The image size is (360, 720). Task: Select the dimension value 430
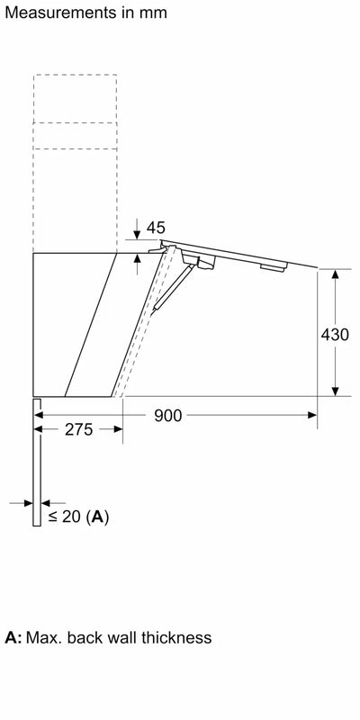(335, 333)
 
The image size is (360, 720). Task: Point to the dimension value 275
(78, 429)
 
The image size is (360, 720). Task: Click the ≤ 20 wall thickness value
(70, 517)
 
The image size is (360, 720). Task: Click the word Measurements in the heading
(55, 13)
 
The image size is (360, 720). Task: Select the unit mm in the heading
(149, 13)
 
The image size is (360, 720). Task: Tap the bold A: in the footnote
(13, 637)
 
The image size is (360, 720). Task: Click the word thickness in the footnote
(174, 637)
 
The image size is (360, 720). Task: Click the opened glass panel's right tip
(317, 267)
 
